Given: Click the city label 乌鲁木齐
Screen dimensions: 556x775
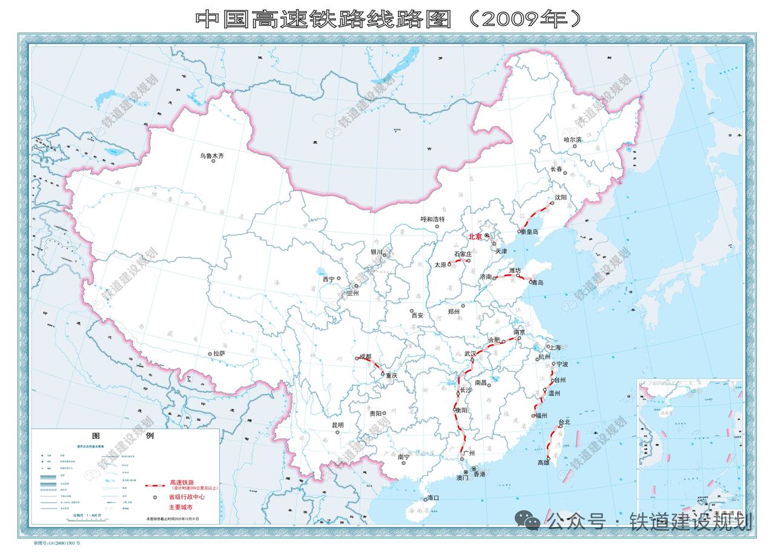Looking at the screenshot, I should point(213,156).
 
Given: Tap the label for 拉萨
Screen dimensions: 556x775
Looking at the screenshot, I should point(217,354).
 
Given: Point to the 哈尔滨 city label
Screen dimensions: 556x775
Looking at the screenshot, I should point(573,139).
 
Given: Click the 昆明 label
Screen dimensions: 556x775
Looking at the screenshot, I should point(337,425).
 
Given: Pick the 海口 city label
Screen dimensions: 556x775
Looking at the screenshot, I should point(433,497).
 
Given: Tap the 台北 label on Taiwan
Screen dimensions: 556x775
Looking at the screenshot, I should point(564,422).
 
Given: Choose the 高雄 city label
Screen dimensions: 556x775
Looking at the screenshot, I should point(544,463).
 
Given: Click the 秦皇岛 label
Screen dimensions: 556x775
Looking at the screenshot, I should point(530,232).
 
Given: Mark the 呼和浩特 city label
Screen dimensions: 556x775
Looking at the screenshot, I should point(432,219).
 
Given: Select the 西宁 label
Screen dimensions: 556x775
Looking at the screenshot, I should point(329,279).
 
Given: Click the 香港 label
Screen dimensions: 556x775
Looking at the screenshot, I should point(479,475).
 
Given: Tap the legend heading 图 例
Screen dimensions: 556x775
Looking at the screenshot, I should point(124,435).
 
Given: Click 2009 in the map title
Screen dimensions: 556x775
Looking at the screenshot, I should point(510,19).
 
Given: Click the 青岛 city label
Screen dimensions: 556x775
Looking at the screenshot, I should point(537,282).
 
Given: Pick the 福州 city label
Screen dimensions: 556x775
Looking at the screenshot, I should point(540,415).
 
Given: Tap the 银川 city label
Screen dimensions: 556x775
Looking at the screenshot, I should point(377,252).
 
